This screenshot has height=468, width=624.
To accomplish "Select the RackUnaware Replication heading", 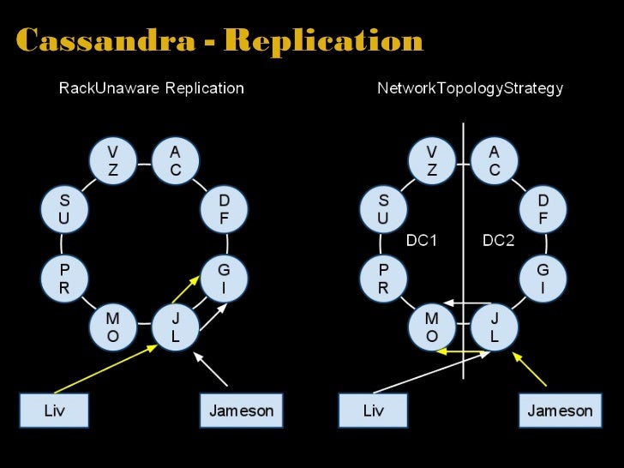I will click(x=151, y=88).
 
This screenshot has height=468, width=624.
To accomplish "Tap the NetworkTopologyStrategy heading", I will click(x=470, y=88).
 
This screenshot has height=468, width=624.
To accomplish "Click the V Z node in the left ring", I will click(x=113, y=160).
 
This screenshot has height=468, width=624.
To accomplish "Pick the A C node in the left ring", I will click(x=176, y=160).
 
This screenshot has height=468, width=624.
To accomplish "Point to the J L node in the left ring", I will click(x=176, y=327).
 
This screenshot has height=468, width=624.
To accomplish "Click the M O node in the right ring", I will click(x=432, y=327).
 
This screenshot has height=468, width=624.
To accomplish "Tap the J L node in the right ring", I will click(x=495, y=327).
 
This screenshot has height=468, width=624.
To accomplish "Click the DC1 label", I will click(x=421, y=241).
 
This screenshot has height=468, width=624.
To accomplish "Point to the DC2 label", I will click(x=498, y=241).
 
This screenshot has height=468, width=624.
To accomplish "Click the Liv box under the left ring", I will click(x=54, y=411).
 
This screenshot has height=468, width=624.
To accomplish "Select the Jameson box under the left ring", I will click(x=242, y=411).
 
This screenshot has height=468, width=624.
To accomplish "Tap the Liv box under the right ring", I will click(x=373, y=411).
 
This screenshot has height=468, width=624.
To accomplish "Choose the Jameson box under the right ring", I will click(x=560, y=411).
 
